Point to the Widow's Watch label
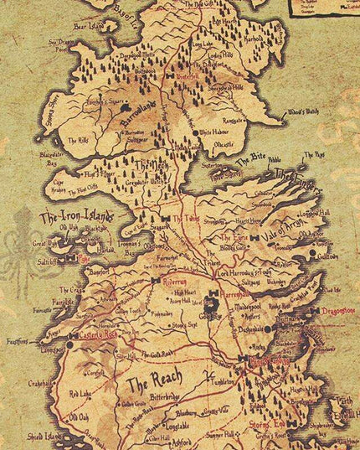[302, 112]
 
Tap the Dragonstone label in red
[337, 310]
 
